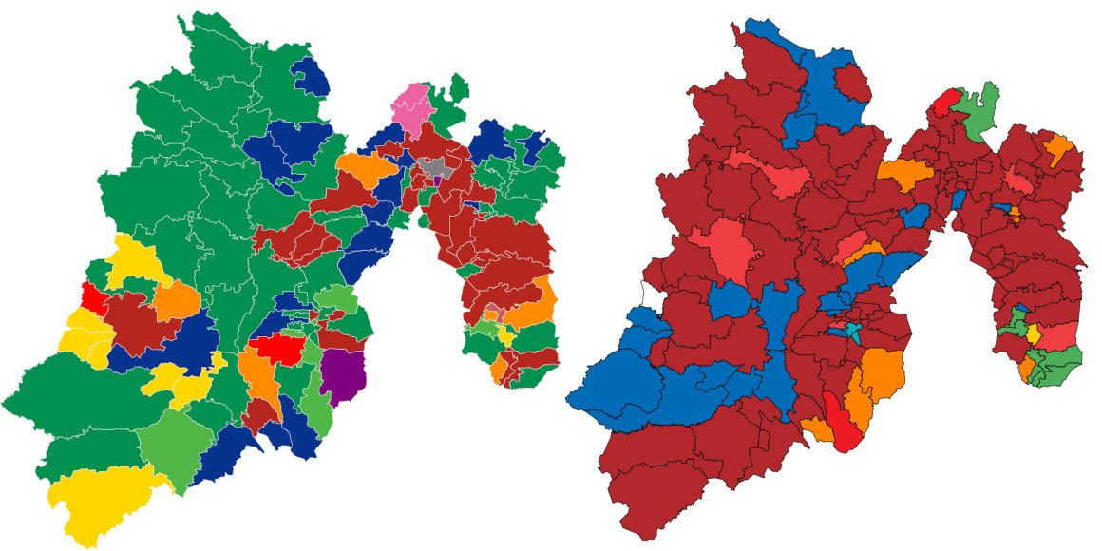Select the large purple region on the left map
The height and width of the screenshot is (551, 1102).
(343, 374)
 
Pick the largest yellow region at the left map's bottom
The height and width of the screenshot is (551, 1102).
(100, 499)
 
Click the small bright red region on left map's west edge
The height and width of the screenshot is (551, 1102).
(93, 296)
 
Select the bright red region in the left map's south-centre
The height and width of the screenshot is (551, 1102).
(277, 350)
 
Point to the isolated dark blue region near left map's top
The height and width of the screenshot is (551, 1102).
(312, 76)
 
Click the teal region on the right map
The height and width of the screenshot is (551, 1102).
(852, 331)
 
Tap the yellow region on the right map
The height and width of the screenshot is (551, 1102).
(1033, 333)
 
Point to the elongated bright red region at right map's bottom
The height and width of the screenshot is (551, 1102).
(842, 423)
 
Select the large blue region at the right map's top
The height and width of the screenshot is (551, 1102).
(822, 90)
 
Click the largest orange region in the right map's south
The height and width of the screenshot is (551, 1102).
(879, 375)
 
